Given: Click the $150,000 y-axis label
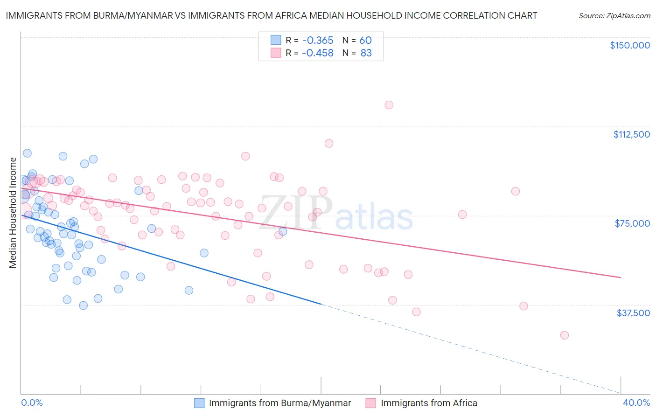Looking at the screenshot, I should (x=629, y=45).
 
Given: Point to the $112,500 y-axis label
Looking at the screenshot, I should (x=631, y=134).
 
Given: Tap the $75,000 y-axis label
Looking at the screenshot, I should (x=632, y=223).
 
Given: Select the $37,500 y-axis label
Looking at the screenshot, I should (x=633, y=313).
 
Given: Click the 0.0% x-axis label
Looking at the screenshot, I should (x=32, y=402).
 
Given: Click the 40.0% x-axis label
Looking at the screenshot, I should (x=636, y=402).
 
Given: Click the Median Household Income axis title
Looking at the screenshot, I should (x=13, y=213).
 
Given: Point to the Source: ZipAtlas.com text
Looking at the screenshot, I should (x=614, y=16).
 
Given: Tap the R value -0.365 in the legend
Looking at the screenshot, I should (x=317, y=40).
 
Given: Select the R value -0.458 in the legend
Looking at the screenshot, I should (x=317, y=53).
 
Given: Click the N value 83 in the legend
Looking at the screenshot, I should (x=366, y=53).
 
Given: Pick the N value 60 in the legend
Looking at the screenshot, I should (x=365, y=40).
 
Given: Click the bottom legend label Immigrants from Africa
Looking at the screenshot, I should (x=429, y=403).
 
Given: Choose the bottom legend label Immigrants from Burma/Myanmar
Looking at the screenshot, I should (x=280, y=403).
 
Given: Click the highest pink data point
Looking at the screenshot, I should (x=389, y=105).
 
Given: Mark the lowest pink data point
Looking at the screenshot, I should (x=564, y=335).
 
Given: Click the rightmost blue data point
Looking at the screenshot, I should (x=283, y=231).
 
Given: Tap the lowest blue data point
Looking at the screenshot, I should (x=84, y=305).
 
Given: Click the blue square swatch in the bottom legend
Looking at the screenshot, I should (x=199, y=403).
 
